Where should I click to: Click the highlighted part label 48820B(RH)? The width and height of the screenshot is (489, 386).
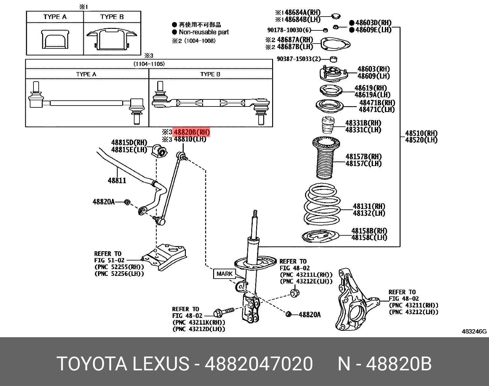click(x=191, y=132)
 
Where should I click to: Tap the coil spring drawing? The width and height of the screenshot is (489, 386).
click(x=322, y=204)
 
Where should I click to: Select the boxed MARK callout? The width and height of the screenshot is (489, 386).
click(x=225, y=274)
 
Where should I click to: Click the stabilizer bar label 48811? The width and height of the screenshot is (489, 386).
click(x=117, y=180)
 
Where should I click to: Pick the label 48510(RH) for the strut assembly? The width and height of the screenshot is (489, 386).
click(x=421, y=133)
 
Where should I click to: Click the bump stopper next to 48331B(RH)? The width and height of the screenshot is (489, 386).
click(x=328, y=125)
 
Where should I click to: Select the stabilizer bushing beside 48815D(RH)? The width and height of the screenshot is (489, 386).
click(x=159, y=151)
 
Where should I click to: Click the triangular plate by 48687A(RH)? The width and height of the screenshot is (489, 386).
click(x=335, y=44)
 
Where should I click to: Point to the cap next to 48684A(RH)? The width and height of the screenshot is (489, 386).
click(x=336, y=16)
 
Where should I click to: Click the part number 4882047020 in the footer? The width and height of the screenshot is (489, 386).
click(x=259, y=364)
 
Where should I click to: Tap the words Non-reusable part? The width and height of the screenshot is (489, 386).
click(x=204, y=32)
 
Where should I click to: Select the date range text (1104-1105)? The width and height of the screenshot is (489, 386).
click(x=149, y=64)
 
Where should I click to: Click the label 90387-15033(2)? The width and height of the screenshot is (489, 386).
click(x=298, y=59)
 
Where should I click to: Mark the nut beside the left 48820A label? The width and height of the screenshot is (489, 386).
click(x=127, y=202)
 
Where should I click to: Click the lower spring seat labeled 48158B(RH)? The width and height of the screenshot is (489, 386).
click(x=320, y=236)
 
